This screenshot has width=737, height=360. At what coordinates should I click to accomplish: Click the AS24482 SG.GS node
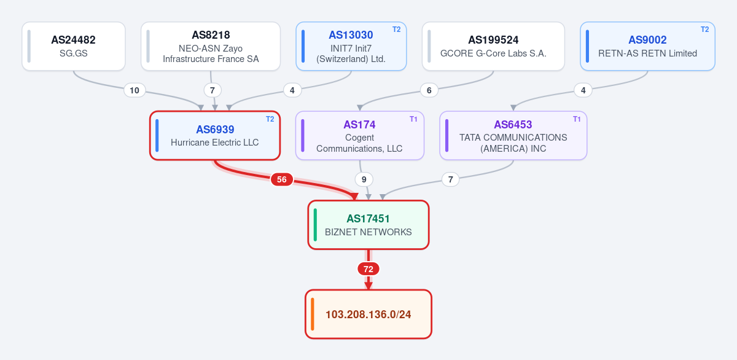pyautogui.click(x=74, y=46)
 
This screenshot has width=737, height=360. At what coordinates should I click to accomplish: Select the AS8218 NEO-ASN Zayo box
pyautogui.click(x=211, y=46)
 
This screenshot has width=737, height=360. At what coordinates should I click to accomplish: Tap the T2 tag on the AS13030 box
pyautogui.click(x=397, y=29)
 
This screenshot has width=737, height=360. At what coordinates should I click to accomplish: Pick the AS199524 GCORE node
pyautogui.click(x=493, y=46)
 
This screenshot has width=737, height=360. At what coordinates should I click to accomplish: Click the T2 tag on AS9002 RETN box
pyautogui.click(x=705, y=29)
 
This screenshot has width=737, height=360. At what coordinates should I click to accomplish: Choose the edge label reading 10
pyautogui.click(x=135, y=90)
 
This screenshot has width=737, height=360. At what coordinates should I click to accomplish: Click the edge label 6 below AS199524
pyautogui.click(x=429, y=90)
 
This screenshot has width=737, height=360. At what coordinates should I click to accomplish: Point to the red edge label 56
pyautogui.click(x=282, y=179)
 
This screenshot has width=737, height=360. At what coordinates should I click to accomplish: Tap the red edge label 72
pyautogui.click(x=368, y=269)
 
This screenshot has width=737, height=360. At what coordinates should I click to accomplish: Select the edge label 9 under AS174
pyautogui.click(x=364, y=179)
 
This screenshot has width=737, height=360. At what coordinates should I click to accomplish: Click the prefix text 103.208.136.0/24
pyautogui.click(x=368, y=315)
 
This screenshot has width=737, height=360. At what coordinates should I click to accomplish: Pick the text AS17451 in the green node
pyautogui.click(x=368, y=219)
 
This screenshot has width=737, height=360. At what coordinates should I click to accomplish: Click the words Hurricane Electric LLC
pyautogui.click(x=214, y=143)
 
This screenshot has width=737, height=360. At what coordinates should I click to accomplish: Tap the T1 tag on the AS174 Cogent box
pyautogui.click(x=413, y=119)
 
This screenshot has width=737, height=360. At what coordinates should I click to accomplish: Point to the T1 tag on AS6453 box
pyautogui.click(x=577, y=119)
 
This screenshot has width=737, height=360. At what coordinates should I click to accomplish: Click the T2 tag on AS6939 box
pyautogui.click(x=270, y=119)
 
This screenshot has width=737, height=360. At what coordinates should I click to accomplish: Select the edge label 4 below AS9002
pyautogui.click(x=583, y=90)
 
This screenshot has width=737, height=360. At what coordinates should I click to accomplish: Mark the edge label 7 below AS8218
pyautogui.click(x=213, y=90)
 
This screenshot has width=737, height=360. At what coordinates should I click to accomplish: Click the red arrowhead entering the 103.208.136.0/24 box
pyautogui.click(x=368, y=286)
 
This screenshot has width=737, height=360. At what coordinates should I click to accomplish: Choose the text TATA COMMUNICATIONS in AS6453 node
pyautogui.click(x=513, y=138)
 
